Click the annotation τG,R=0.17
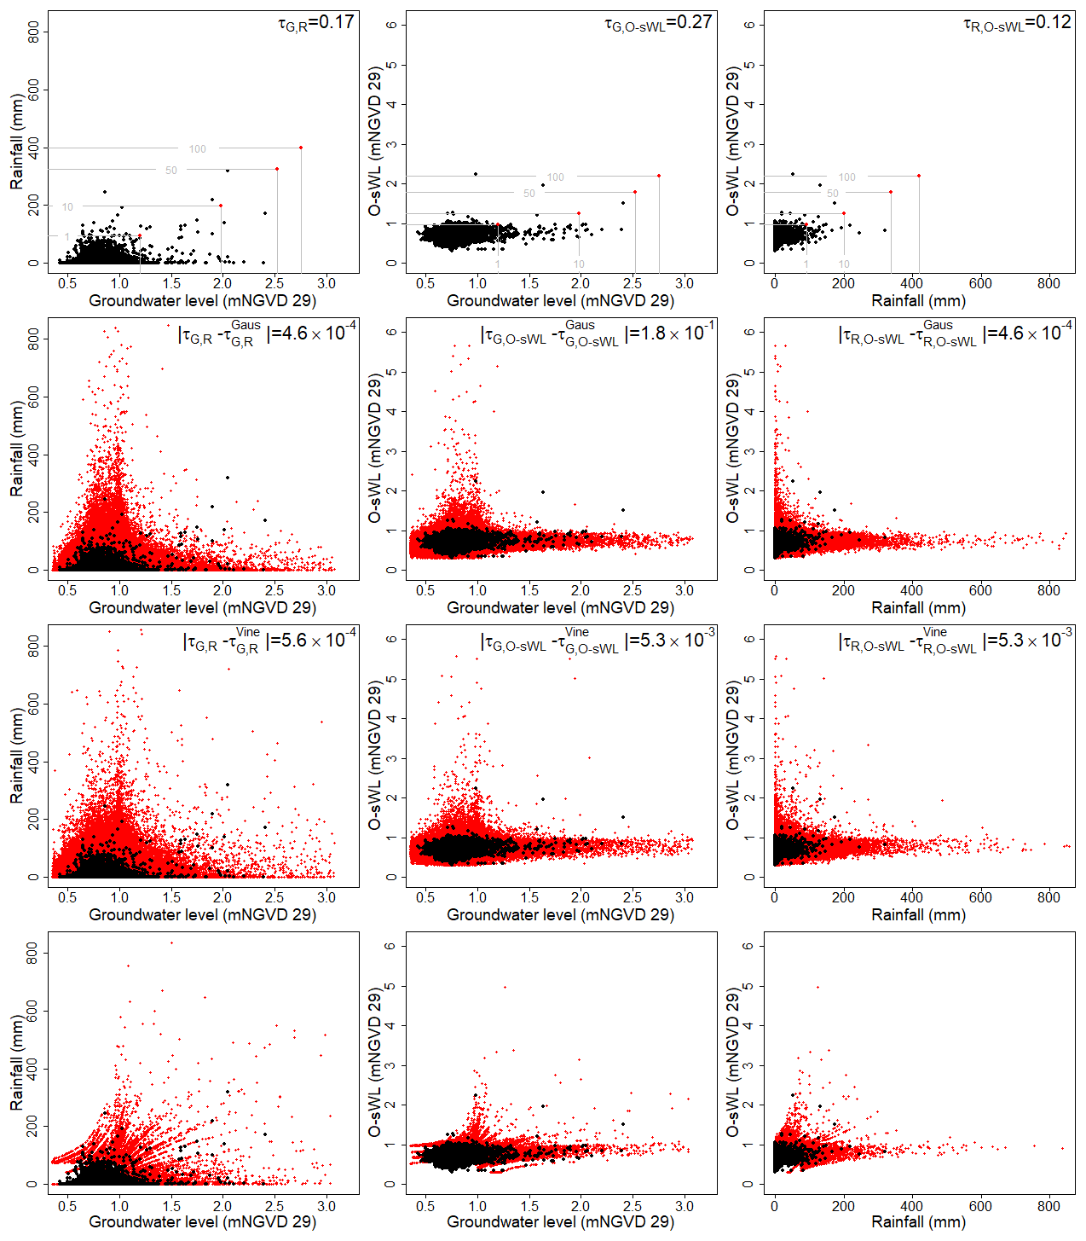point(316,23)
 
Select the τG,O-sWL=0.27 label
point(658,23)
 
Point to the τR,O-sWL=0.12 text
point(1017,23)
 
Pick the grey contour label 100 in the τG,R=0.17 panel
point(197,149)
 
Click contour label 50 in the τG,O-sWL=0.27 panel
point(529,194)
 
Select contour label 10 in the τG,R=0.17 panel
point(67,207)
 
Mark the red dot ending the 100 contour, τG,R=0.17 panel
point(301,148)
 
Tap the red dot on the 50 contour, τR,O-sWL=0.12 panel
point(891,192)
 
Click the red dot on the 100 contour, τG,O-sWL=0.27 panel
point(659,176)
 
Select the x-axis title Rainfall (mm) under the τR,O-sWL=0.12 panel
point(918,301)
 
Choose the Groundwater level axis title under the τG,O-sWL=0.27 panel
point(560,301)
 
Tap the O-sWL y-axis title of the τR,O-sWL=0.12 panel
point(733,143)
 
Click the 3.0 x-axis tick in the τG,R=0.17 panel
point(326,283)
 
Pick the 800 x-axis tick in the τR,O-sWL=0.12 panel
point(1048,283)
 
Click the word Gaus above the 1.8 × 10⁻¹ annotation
point(580,325)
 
